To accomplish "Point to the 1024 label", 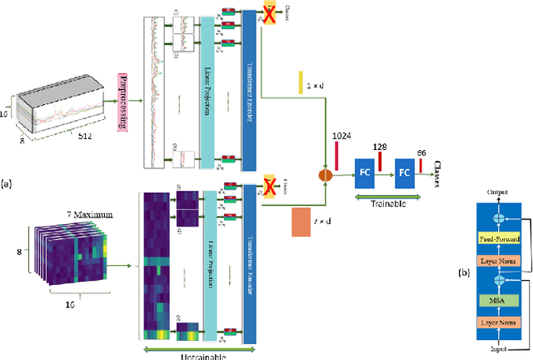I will [x=343, y=135].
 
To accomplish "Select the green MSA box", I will [x=498, y=298].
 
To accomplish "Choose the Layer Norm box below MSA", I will [x=498, y=320].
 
